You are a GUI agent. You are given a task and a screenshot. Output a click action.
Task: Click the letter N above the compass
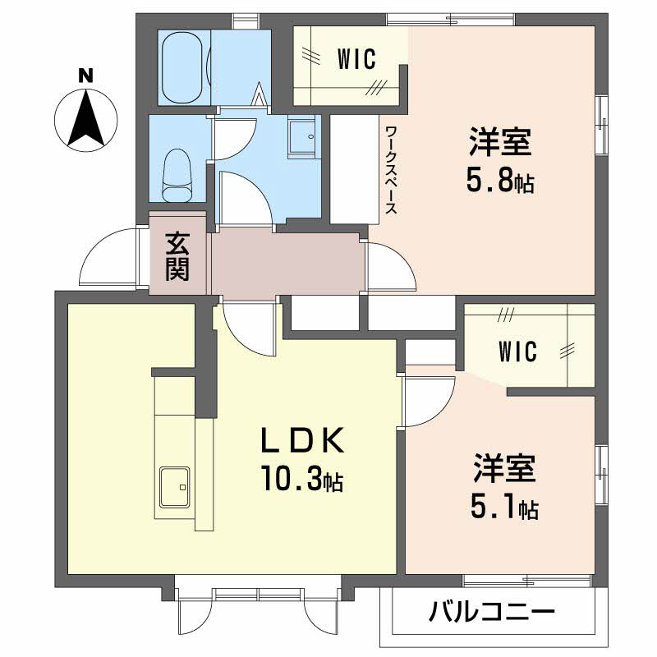click(x=85, y=76)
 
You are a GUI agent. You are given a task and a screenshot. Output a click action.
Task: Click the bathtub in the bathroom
click(x=184, y=67)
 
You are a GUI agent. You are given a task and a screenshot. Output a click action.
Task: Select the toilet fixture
click(x=178, y=176)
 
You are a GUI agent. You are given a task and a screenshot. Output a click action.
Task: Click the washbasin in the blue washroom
click(x=301, y=136)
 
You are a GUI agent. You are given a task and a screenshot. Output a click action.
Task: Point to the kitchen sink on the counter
click(x=174, y=487)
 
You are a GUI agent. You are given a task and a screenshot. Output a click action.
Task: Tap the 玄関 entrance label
click(x=177, y=256)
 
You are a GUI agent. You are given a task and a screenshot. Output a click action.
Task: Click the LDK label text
click(x=302, y=440)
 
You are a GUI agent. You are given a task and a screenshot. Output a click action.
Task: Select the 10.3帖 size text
click(x=301, y=478)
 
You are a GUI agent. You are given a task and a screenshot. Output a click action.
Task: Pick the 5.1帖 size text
click(x=504, y=507)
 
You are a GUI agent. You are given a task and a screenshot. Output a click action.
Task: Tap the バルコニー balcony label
click(x=492, y=612)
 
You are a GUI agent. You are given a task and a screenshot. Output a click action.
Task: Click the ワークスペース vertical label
click(x=391, y=170)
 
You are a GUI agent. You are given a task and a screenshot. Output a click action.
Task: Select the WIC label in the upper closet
click(x=356, y=59)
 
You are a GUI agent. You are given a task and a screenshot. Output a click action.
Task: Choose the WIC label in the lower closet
click(x=518, y=351)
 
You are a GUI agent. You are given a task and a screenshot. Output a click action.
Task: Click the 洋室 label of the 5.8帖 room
click(x=500, y=141)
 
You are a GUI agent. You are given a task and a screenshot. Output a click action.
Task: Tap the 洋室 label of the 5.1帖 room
click(x=504, y=467)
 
